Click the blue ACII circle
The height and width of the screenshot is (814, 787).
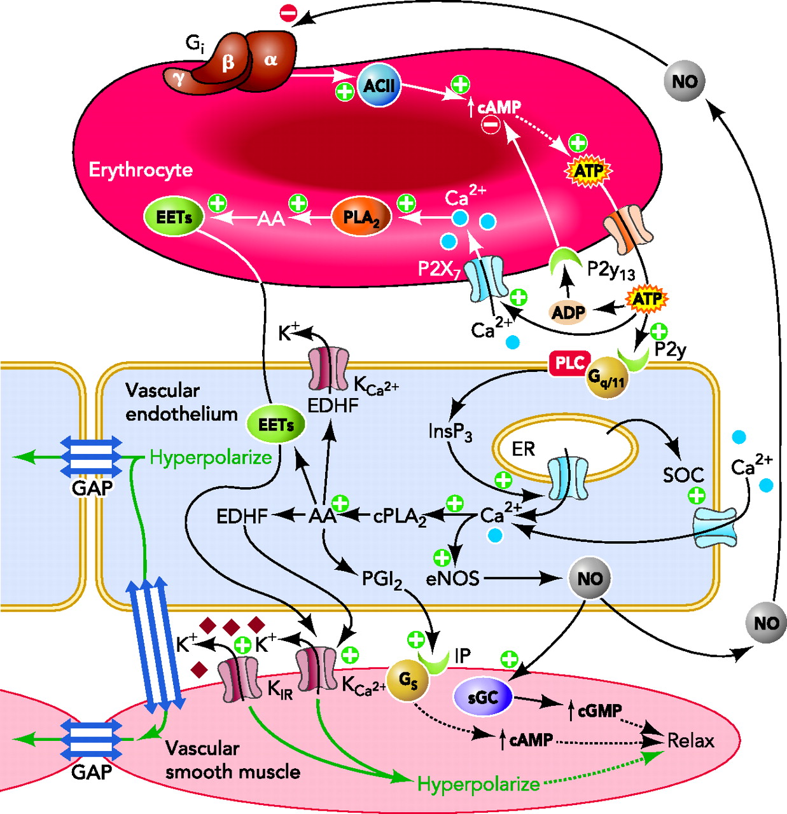[x=379, y=85]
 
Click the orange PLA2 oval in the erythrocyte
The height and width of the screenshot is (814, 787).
[x=361, y=217]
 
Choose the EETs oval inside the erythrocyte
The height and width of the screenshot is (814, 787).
[x=174, y=217]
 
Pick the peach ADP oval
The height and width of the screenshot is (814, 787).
[x=568, y=312]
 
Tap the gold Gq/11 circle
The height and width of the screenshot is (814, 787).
[x=606, y=378]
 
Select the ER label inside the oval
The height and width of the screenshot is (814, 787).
[x=524, y=449]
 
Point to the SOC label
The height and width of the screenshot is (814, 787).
[x=683, y=475]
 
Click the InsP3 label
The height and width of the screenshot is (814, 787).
[x=450, y=432]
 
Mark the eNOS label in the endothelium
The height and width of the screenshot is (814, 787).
[x=453, y=579]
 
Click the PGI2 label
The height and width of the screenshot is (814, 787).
[x=382, y=579]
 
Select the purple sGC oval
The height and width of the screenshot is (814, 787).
[x=483, y=697]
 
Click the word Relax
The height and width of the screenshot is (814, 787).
[x=690, y=741]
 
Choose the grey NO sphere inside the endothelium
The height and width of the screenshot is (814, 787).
[x=590, y=578]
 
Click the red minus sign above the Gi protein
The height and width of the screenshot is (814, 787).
[x=288, y=12]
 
